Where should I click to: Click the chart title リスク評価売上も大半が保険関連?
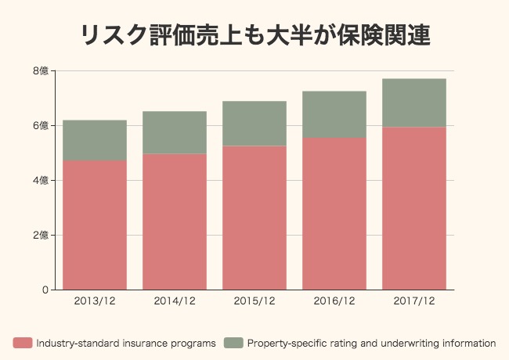point(255,35)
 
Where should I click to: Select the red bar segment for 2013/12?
point(95,225)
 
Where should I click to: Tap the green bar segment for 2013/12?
point(95,141)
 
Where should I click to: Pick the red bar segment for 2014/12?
point(175,221)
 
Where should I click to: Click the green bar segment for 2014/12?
point(175,133)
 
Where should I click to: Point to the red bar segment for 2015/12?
point(254,218)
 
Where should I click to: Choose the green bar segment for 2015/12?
point(254,124)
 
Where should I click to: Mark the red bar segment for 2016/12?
point(334,214)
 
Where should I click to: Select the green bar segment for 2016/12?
point(334,115)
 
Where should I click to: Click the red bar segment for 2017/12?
point(414,208)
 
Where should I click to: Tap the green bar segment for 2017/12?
point(414,103)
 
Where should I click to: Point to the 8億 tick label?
point(41,71)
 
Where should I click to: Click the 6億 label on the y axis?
point(41,126)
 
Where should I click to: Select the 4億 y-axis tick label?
point(41,181)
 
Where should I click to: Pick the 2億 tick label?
point(41,236)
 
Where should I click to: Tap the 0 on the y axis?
point(45,290)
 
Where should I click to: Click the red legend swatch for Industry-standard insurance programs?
point(23,343)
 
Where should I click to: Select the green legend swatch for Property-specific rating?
point(233,343)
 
